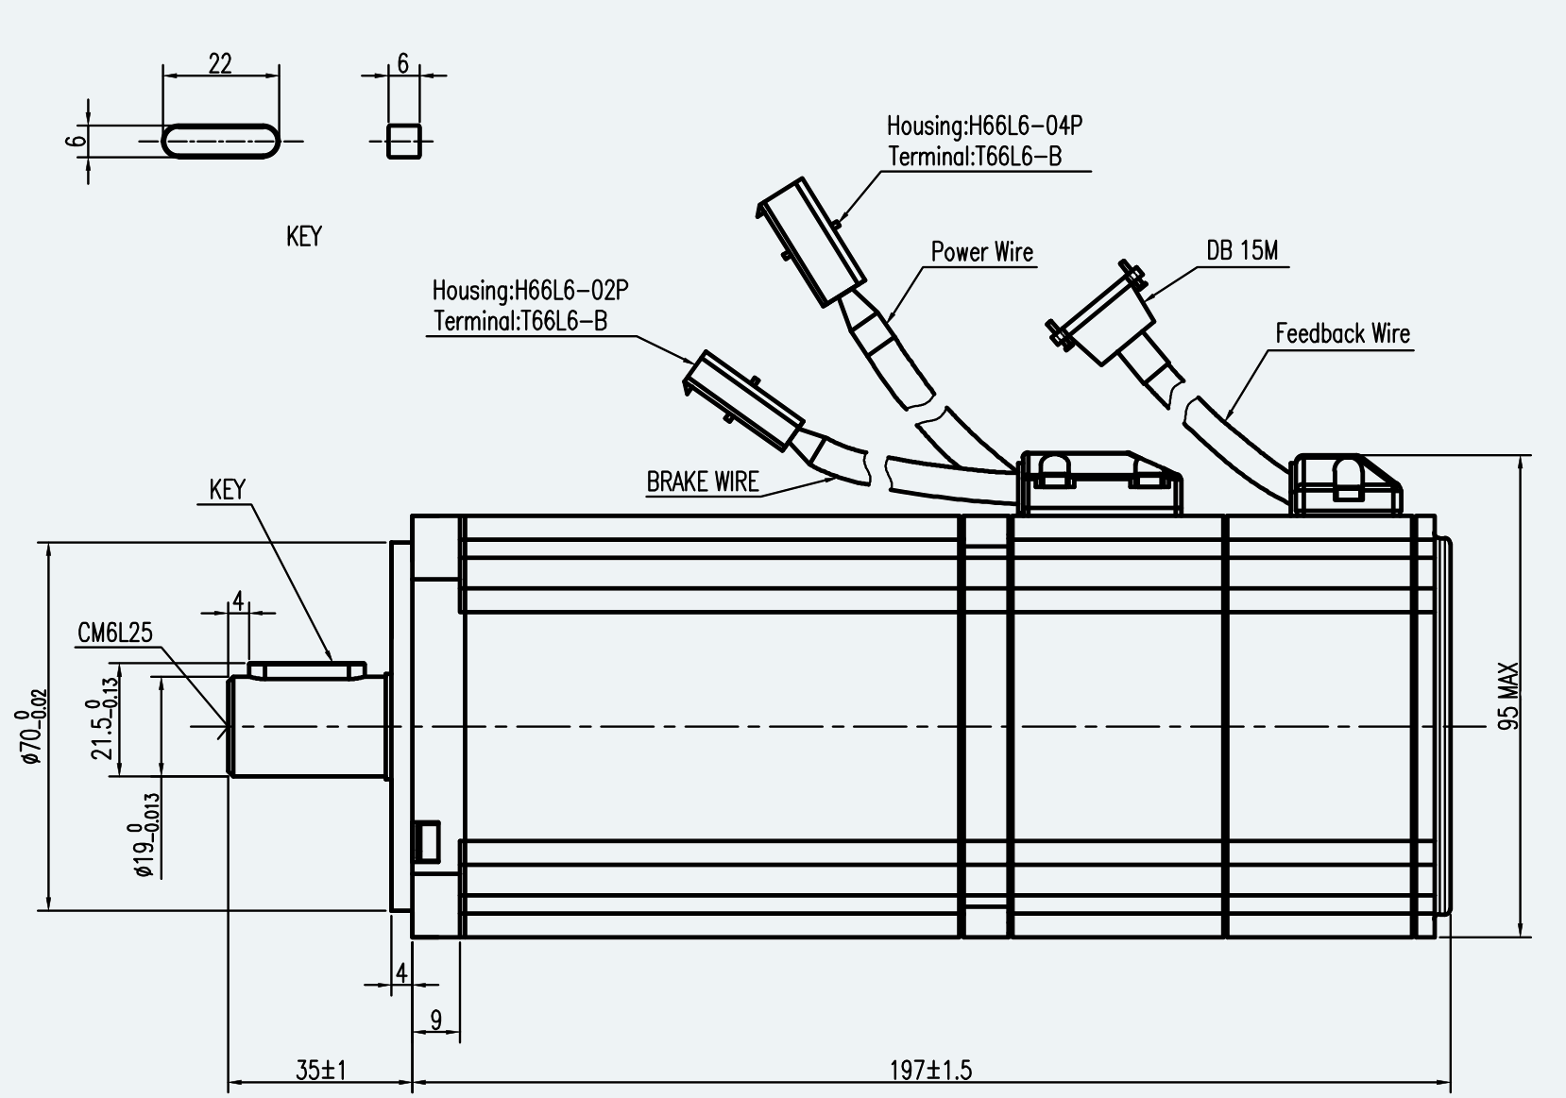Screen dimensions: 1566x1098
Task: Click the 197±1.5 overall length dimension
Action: tap(930, 1070)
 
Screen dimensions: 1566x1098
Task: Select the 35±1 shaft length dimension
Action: tap(321, 1070)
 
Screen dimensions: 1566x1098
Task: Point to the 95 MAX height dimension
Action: tap(1508, 696)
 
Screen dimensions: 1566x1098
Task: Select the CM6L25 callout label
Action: tap(114, 633)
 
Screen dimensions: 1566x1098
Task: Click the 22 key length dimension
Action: tap(219, 63)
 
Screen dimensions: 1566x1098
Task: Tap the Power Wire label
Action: tap(982, 252)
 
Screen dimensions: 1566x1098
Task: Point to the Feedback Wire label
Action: tap(1343, 333)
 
